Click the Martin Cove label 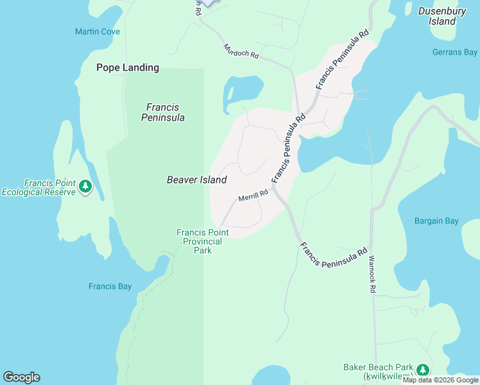tap(97, 31)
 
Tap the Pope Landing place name tap(128, 67)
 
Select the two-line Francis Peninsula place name tap(162, 112)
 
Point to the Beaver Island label tap(196, 180)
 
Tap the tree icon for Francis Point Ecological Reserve tap(85, 187)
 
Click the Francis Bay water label tap(110, 286)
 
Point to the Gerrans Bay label tap(454, 52)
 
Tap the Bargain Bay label tap(436, 221)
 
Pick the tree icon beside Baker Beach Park tap(423, 370)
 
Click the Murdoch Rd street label tap(241, 51)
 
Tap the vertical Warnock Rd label tap(372, 275)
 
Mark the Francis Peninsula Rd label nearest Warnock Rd tap(333, 254)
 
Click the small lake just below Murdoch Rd tap(243, 92)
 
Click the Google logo tap(21, 377)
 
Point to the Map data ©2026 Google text tap(440, 380)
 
